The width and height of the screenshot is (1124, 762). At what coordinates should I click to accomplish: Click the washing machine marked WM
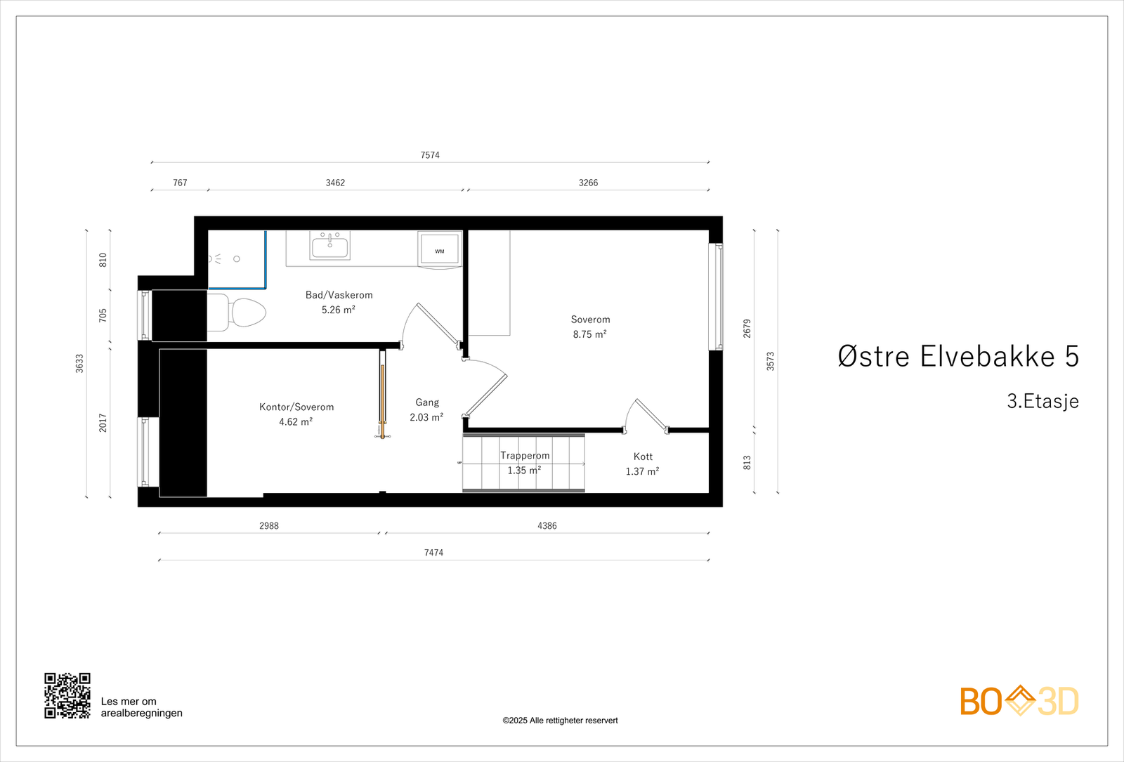tap(440, 249)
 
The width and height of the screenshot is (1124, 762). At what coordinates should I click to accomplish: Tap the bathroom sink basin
tap(329, 247)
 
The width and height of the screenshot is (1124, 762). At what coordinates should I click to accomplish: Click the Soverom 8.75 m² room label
tap(590, 327)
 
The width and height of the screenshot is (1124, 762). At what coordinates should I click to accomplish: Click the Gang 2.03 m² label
tap(426, 409)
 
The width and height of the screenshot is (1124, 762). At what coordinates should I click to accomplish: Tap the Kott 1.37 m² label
tap(643, 464)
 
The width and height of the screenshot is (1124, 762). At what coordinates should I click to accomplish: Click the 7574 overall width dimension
tap(430, 155)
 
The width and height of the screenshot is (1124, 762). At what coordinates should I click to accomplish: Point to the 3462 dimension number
tap(335, 183)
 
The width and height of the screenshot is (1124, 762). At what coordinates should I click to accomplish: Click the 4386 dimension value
tap(547, 525)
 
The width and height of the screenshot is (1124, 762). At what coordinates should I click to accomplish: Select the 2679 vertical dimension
tap(747, 328)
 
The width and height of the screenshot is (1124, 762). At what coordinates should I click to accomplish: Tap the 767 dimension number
tap(180, 183)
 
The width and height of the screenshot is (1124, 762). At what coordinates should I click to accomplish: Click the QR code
tap(67, 695)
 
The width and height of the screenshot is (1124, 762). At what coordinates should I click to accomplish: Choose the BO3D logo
tap(1019, 701)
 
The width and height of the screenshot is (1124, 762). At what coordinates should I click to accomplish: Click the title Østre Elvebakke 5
tap(958, 357)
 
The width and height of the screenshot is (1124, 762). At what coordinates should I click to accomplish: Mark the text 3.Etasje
tap(1043, 401)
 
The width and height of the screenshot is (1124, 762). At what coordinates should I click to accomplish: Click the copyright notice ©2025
tap(560, 721)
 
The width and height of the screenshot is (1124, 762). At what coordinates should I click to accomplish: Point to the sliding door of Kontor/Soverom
tap(383, 393)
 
